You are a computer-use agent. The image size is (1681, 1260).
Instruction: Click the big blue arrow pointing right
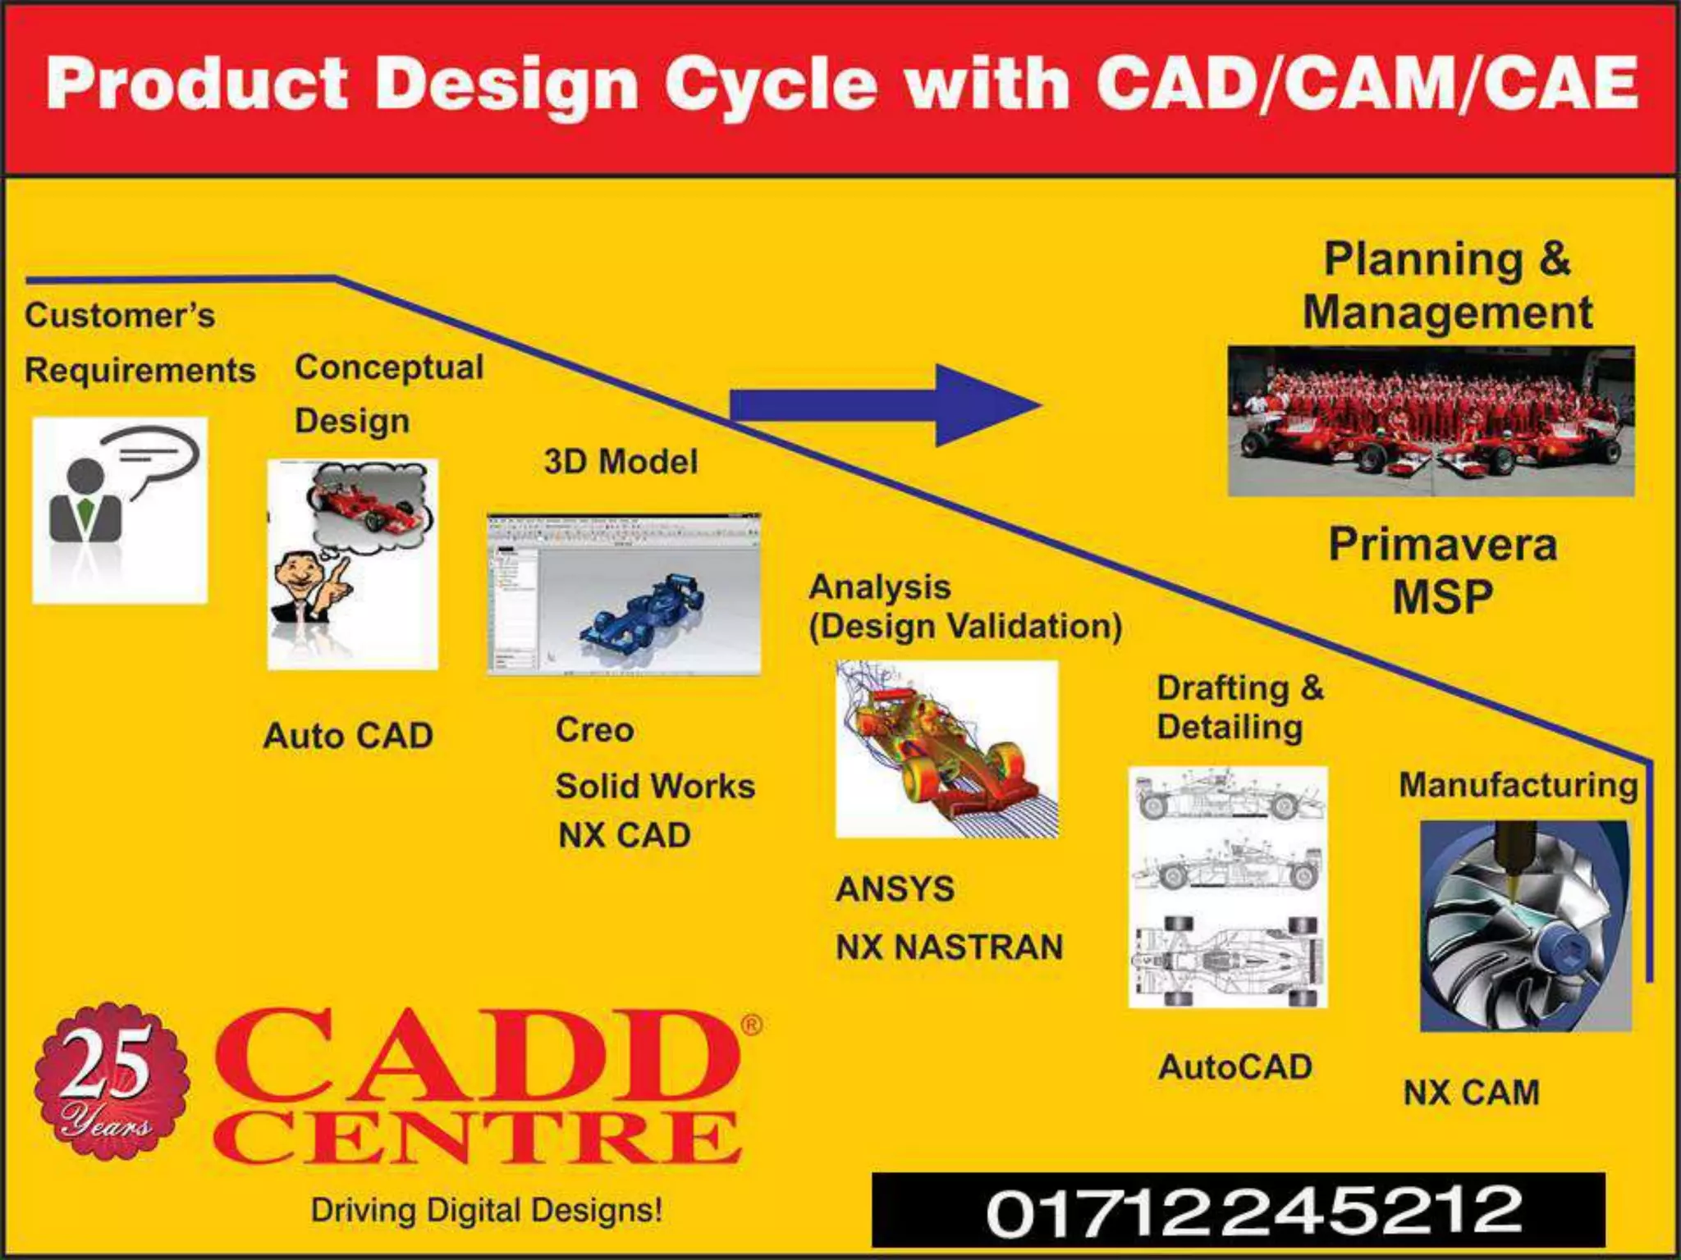point(886,405)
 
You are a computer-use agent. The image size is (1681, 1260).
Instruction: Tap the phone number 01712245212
point(1253,1210)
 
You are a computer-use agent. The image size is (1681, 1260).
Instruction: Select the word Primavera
point(1442,545)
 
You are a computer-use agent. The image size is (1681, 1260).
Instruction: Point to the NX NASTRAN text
point(949,947)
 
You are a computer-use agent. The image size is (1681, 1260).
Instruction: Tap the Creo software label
point(594,730)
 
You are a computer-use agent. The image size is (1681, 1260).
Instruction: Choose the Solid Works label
point(654,786)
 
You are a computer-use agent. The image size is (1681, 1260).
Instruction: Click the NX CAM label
point(1471,1093)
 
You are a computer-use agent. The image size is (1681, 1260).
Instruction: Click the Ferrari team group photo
point(1431,421)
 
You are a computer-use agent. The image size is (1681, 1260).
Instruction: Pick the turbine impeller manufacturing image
point(1525,925)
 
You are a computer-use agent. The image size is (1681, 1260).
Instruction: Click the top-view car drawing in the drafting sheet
point(1228,960)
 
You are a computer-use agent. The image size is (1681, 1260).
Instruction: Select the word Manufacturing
point(1518,785)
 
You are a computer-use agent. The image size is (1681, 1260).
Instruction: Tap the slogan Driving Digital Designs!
point(486,1210)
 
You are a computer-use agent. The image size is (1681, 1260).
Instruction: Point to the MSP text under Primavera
point(1442,596)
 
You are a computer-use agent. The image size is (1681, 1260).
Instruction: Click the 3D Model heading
point(621,462)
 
